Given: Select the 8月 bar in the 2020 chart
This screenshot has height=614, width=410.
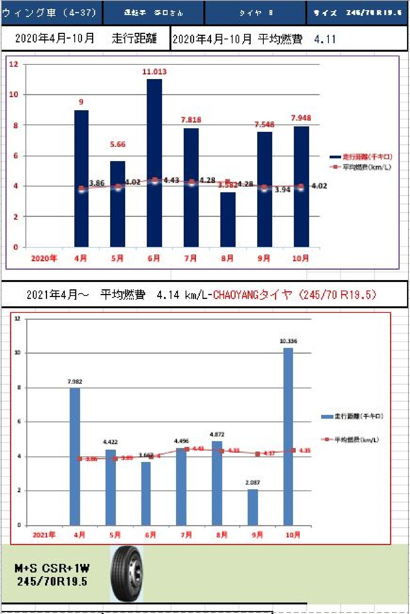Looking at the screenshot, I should click(228, 222).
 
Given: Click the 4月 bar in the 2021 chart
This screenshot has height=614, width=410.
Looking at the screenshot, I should click(75, 457).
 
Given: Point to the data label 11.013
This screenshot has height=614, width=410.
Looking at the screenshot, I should click(154, 72).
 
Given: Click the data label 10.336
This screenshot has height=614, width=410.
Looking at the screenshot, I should click(288, 341).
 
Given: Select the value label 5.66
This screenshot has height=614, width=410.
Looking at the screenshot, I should click(118, 144).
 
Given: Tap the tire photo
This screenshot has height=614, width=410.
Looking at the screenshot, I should click(126, 574).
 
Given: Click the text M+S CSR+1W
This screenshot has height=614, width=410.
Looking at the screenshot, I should click(52, 569).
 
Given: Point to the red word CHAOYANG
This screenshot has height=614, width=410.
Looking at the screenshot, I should click(236, 295).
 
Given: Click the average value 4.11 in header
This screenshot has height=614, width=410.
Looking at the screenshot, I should click(325, 39).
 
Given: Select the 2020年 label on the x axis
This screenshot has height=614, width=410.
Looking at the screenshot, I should click(44, 258).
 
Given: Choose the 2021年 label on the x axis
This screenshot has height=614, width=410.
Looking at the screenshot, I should click(44, 535).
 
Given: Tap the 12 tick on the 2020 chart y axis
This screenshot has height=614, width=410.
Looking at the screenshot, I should click(14, 64).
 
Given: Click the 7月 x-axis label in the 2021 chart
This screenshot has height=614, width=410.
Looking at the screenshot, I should click(186, 535).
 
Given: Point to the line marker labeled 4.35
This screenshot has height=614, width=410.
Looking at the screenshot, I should click(293, 450).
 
